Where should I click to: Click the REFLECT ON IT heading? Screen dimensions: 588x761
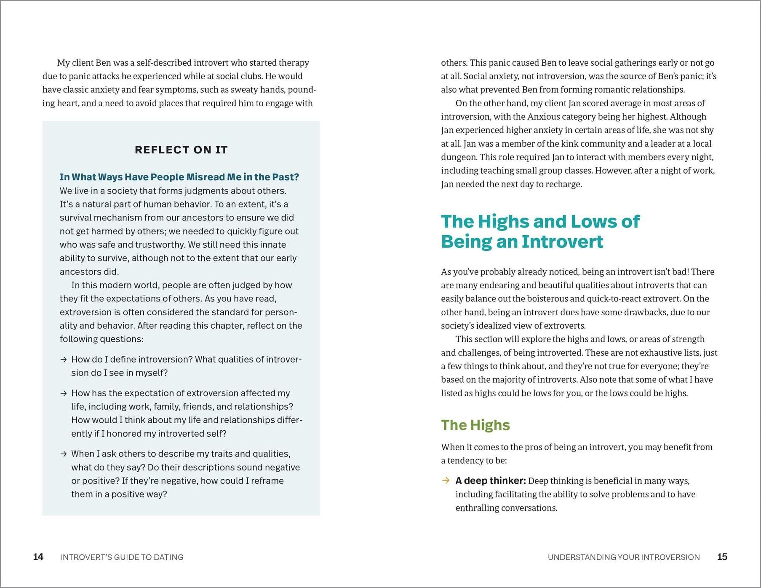(x=181, y=150)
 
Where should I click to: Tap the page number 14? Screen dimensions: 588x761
(x=38, y=557)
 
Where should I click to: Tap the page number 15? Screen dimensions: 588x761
(x=722, y=557)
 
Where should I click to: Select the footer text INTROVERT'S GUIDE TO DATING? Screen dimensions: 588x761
(x=122, y=557)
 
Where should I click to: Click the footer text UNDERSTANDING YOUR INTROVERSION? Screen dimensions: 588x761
(x=623, y=557)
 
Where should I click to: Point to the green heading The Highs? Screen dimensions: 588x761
(x=475, y=425)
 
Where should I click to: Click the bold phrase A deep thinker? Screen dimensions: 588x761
(x=491, y=481)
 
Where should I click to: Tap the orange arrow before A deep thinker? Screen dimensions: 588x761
(x=445, y=481)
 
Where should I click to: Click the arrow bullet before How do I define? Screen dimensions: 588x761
(x=64, y=360)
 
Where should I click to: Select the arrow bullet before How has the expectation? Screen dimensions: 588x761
(x=64, y=393)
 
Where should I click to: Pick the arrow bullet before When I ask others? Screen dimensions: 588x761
(x=64, y=454)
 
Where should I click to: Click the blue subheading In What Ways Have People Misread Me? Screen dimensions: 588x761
(x=179, y=177)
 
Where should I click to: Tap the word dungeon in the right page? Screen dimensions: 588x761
(x=458, y=157)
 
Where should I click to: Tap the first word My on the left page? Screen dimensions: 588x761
(x=63, y=63)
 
